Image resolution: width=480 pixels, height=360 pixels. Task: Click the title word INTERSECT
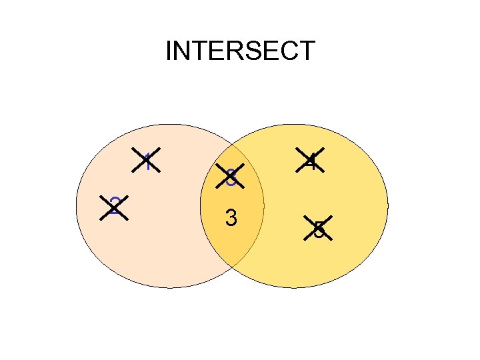coord(240,51)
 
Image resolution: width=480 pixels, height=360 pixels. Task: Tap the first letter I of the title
coord(169,51)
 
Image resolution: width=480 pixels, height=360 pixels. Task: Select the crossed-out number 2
coord(114,206)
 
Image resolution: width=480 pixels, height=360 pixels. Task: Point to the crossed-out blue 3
coord(231,177)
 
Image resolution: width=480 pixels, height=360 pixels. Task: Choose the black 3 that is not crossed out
coord(231,218)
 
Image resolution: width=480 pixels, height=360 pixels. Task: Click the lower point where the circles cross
coord(233,267)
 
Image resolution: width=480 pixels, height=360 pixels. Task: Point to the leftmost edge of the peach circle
coord(77,206)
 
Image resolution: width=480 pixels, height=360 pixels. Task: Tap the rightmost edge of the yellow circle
coord(388,206)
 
